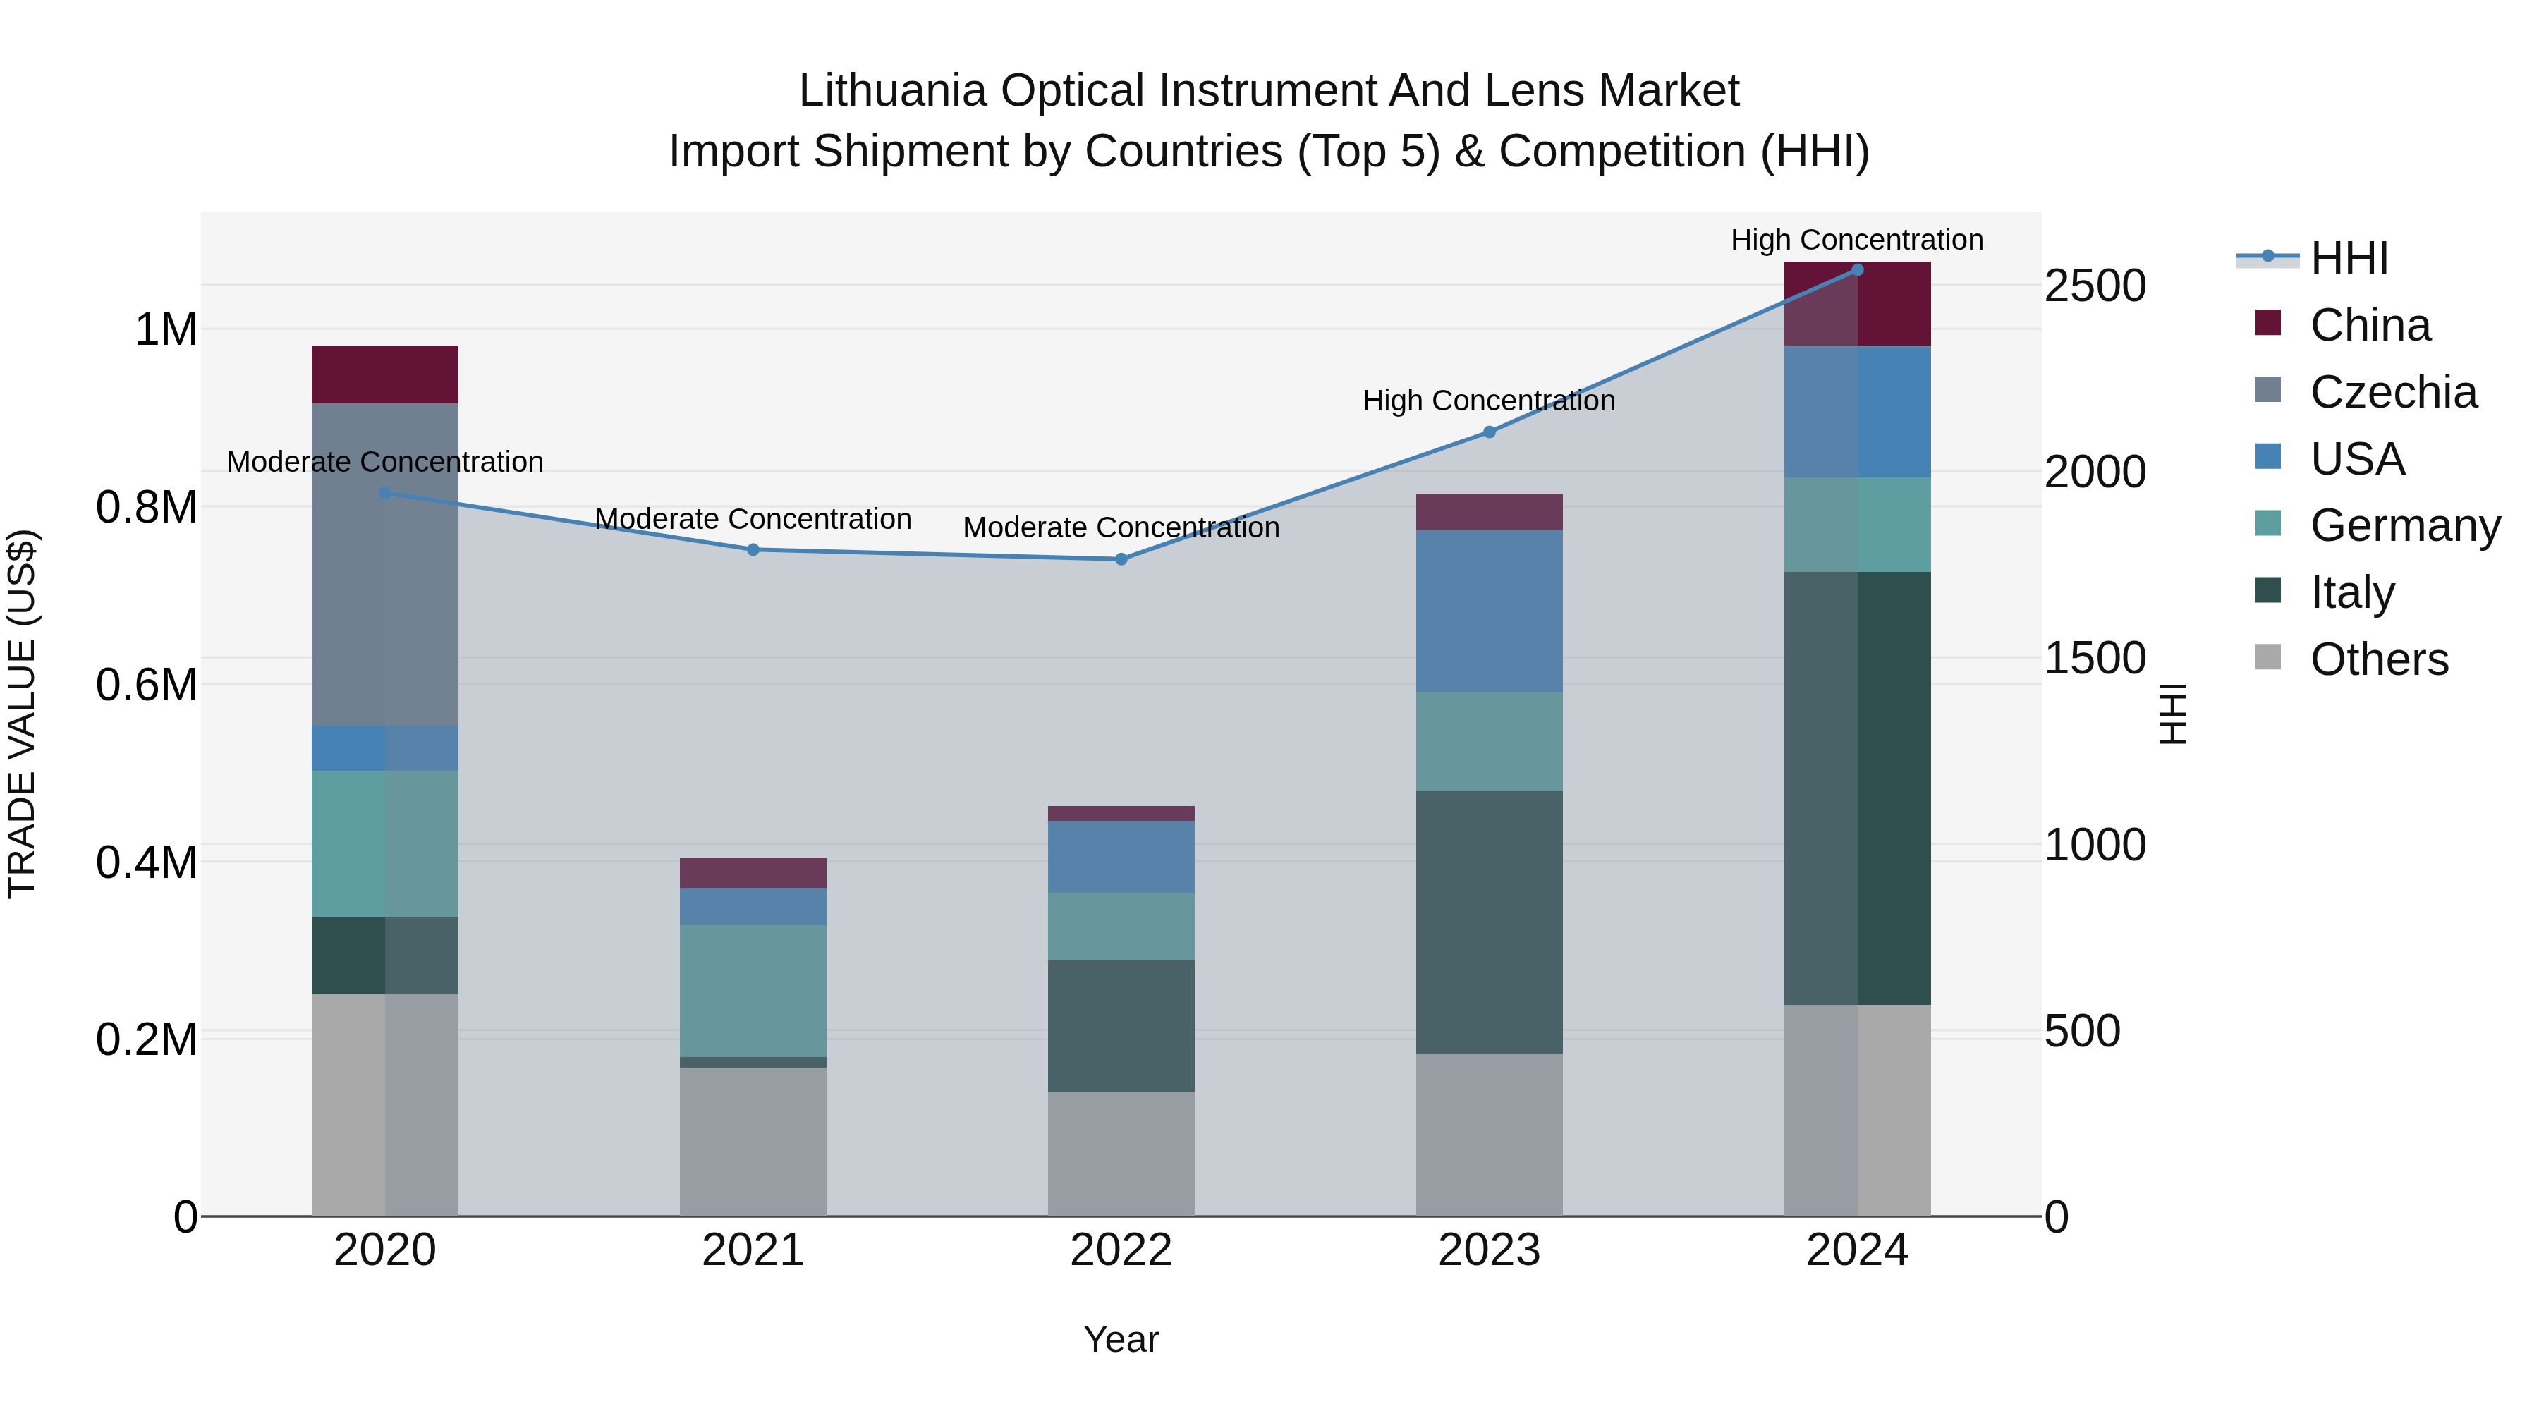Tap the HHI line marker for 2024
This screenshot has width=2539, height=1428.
click(x=1857, y=269)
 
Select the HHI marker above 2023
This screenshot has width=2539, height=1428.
click(x=1490, y=432)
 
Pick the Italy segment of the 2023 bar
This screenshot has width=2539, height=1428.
click(x=1490, y=922)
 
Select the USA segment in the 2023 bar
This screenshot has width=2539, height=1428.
click(x=1490, y=611)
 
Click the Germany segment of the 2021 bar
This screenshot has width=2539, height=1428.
click(x=753, y=991)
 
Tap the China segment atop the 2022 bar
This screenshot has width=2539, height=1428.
click(x=1121, y=813)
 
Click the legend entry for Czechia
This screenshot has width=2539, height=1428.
click(x=2392, y=392)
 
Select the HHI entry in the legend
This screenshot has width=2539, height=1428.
click(x=2349, y=258)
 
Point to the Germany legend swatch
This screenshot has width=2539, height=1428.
click(x=2268, y=524)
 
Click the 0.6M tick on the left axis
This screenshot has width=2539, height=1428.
click(x=146, y=685)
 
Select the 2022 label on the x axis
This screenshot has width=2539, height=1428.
click(x=1121, y=1250)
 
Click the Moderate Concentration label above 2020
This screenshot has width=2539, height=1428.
click(x=384, y=461)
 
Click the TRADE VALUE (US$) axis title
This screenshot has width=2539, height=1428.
click(x=22, y=714)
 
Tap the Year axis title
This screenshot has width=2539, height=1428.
click(x=1121, y=1339)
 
